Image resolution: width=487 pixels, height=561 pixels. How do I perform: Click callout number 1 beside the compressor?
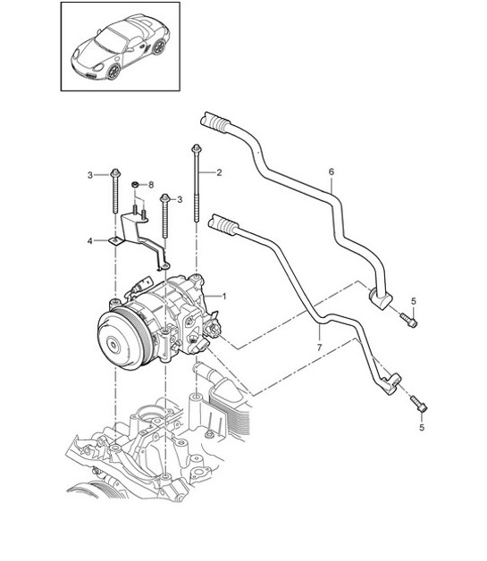(x=224, y=296)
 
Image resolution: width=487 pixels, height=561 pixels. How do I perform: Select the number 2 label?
(x=219, y=171)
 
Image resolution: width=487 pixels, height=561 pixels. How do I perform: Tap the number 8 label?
(x=151, y=184)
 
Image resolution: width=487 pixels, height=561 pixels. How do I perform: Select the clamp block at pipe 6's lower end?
(x=382, y=301)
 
